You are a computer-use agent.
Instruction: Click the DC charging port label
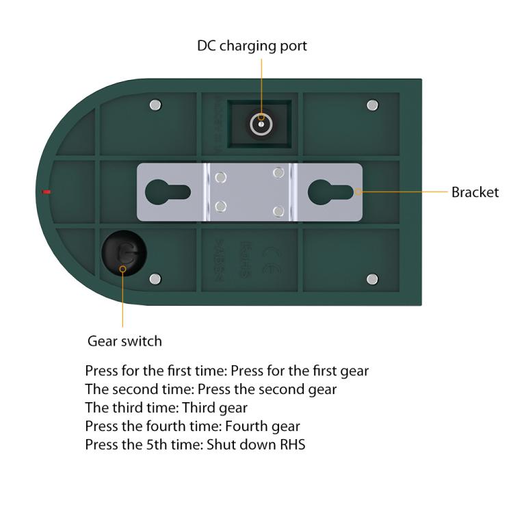pyautogui.click(x=252, y=46)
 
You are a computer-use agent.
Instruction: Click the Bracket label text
pyautogui.click(x=475, y=192)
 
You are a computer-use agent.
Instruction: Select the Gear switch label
pyautogui.click(x=124, y=341)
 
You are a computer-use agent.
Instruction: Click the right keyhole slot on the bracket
pyautogui.click(x=328, y=192)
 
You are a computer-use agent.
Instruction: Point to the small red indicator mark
pyautogui.click(x=46, y=192)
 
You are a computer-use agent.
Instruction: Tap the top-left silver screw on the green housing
pyautogui.click(x=155, y=105)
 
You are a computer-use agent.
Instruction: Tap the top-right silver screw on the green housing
pyautogui.click(x=372, y=105)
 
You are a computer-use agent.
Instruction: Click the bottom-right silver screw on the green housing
pyautogui.click(x=372, y=278)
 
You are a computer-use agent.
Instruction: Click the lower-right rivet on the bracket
pyautogui.click(x=278, y=210)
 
